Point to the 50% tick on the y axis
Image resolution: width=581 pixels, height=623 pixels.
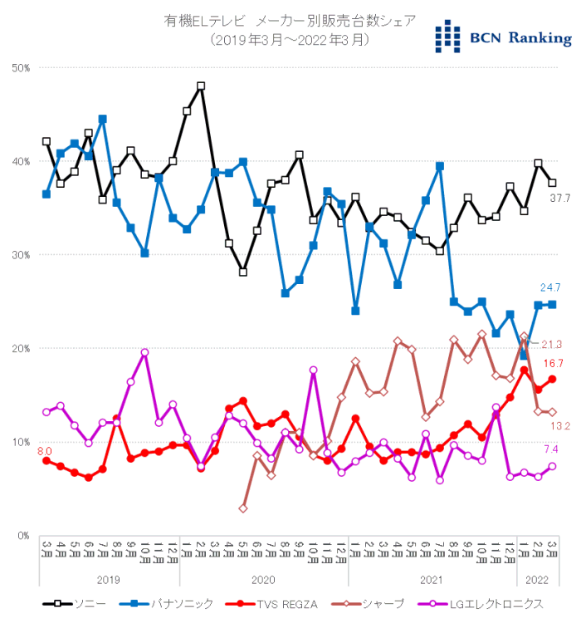22,67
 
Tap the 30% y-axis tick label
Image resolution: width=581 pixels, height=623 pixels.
22,255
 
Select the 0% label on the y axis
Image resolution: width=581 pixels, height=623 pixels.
24,536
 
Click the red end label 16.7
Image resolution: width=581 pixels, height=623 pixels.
553,364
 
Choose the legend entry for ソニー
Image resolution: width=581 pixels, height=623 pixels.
77,604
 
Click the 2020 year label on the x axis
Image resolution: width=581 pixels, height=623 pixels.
264,580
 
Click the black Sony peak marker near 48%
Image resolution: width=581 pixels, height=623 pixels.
201,86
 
